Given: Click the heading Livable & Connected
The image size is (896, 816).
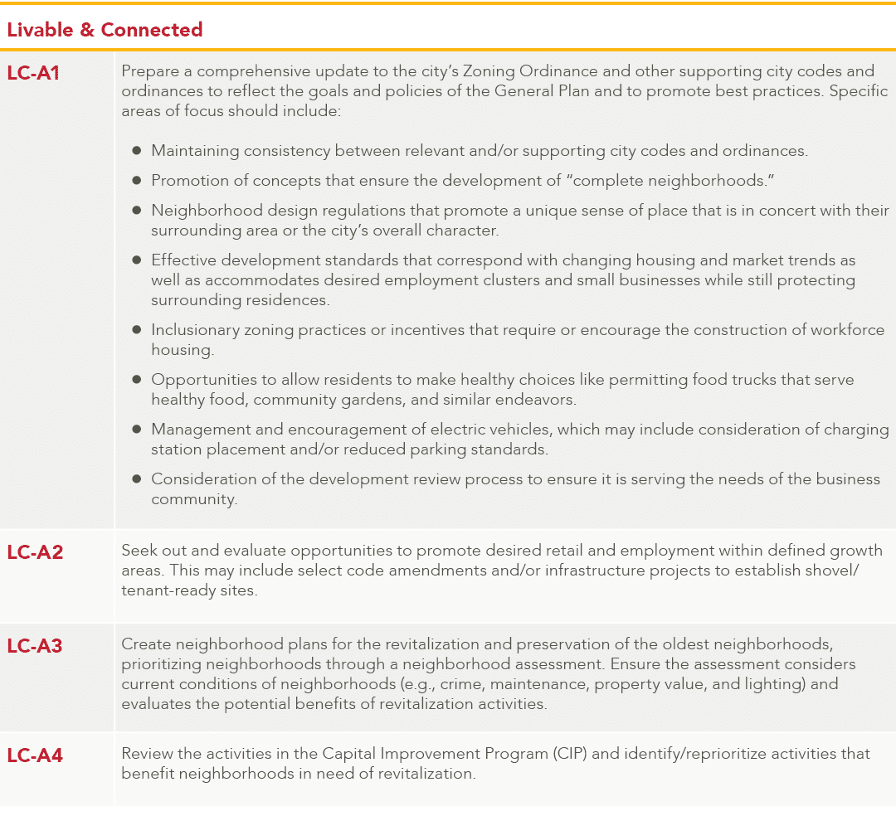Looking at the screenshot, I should coord(105,30).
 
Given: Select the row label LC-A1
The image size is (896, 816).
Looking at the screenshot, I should coord(33,72).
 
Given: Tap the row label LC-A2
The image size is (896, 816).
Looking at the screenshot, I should coord(35,551).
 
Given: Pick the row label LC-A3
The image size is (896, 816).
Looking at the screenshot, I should coord(35,645).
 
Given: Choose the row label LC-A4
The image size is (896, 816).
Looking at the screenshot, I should coord(35,755).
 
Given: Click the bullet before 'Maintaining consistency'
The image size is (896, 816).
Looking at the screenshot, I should coord(137,151).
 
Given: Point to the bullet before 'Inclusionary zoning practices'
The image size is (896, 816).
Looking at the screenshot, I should coord(137,330).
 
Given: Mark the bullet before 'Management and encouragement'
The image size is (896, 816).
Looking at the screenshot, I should coord(137,430).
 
